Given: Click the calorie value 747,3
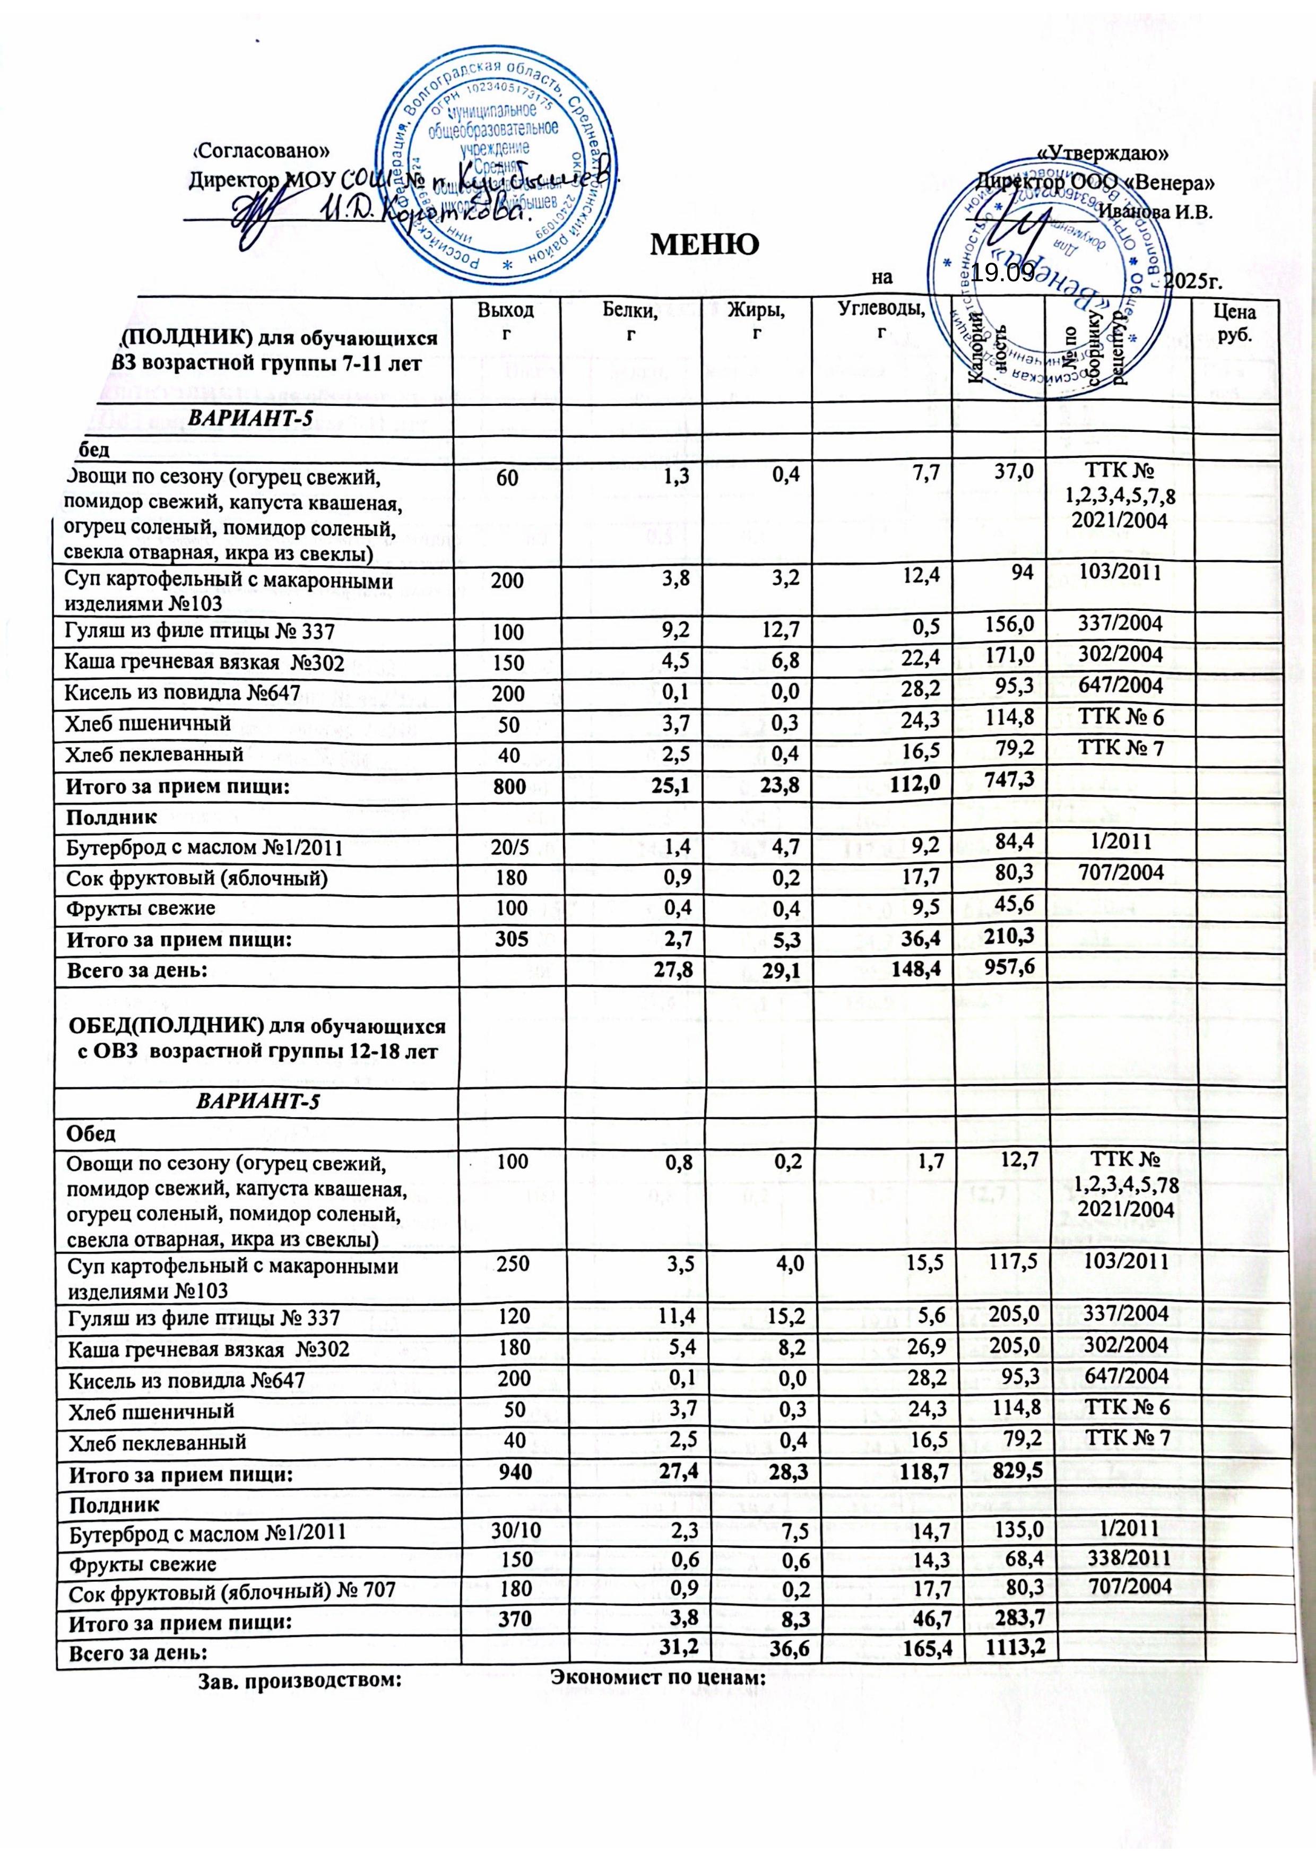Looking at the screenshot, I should [x=1006, y=780].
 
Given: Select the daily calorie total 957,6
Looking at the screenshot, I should [x=1006, y=965].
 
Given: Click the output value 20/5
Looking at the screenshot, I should [x=507, y=848].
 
